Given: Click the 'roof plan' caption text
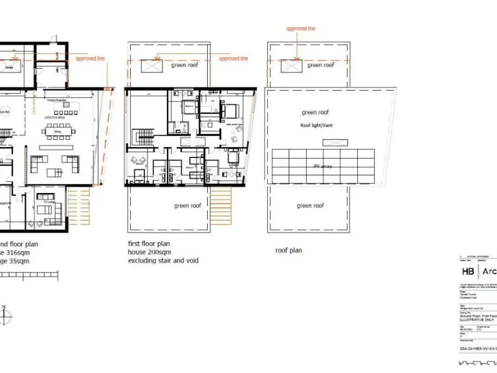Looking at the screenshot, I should point(288,250).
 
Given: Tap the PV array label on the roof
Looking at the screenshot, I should point(322,166).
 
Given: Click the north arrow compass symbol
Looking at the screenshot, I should point(5,316).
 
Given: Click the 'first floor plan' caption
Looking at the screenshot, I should point(150,244).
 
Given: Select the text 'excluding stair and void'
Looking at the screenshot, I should point(162,261).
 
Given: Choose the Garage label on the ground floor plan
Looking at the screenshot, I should point(10,67).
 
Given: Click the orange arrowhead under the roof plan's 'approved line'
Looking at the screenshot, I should point(296,60).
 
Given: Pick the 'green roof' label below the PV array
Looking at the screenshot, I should point(310,206).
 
